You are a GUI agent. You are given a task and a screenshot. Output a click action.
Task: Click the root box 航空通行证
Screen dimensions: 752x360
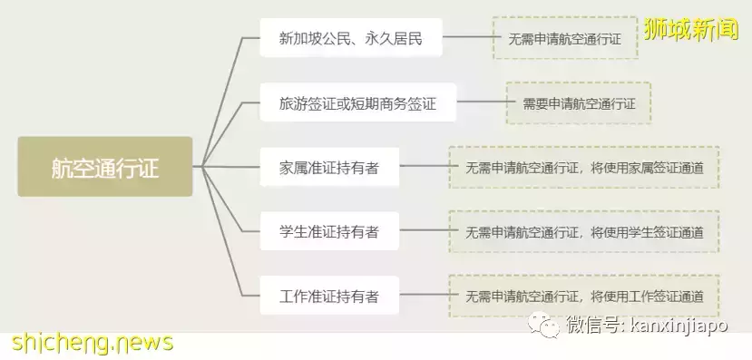click(105, 167)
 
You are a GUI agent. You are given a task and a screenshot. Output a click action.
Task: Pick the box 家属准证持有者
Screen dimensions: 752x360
click(329, 167)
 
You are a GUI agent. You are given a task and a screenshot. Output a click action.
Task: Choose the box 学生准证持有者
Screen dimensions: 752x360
click(329, 231)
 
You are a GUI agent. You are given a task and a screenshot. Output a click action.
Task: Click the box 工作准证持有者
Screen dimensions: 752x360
click(329, 296)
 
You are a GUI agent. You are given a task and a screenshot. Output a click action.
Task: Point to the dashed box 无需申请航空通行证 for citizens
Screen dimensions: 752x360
click(564, 38)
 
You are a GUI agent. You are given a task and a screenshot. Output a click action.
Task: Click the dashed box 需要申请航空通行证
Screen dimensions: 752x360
click(579, 103)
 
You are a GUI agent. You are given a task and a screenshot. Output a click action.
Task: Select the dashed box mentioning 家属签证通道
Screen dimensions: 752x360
click(584, 167)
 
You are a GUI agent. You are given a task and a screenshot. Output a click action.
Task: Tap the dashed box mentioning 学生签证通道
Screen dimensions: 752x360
click(584, 231)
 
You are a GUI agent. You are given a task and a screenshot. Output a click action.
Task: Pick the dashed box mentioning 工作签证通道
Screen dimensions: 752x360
click(584, 296)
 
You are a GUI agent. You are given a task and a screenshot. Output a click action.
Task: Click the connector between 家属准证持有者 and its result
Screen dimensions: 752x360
click(424, 167)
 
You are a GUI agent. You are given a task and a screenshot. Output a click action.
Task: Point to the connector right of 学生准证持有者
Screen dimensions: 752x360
click(424, 231)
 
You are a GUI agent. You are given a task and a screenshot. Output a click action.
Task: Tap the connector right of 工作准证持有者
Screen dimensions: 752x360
click(424, 296)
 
